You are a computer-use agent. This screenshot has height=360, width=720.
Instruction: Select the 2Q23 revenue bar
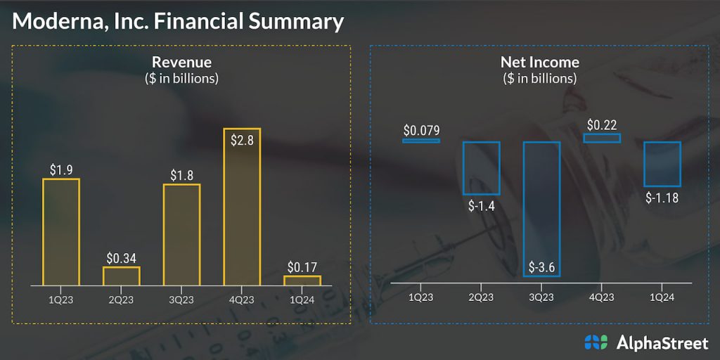(x=122, y=276)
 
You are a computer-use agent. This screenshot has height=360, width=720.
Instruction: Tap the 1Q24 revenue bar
(x=302, y=281)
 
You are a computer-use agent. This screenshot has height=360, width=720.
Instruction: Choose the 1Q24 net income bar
(x=662, y=165)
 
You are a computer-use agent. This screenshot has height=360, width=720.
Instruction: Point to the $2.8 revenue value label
(x=242, y=139)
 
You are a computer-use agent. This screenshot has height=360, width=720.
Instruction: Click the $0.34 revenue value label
(x=122, y=257)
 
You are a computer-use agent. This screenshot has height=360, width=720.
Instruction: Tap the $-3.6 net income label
(x=541, y=266)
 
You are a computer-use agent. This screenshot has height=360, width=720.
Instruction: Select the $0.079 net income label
(x=421, y=130)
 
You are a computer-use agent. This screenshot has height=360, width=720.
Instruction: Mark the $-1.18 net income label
(x=662, y=198)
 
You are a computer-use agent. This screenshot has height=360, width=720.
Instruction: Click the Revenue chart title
(x=181, y=63)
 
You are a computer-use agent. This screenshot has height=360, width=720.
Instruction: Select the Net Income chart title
(x=540, y=63)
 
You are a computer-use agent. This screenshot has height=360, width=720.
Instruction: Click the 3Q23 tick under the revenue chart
(x=181, y=299)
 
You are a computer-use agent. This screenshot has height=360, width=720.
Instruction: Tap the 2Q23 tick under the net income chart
(x=481, y=297)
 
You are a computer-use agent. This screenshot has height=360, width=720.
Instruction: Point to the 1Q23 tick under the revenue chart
(x=61, y=299)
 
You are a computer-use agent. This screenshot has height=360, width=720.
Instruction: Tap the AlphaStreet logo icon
(x=596, y=342)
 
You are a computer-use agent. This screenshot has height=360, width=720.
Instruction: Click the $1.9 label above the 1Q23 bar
(x=61, y=169)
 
